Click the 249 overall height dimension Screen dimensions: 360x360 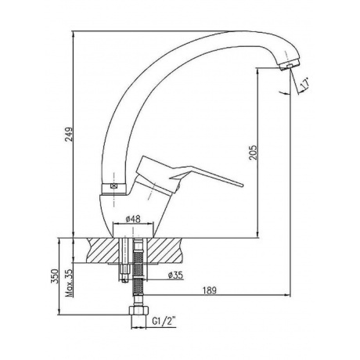69,135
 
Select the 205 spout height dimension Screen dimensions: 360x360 253,153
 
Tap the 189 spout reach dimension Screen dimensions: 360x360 210,290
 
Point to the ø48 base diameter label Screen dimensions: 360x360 133,219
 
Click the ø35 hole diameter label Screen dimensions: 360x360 175,275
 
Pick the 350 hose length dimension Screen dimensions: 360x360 55,276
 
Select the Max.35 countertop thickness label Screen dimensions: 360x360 69,283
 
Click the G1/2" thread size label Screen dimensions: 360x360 164,322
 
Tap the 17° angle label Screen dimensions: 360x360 305,83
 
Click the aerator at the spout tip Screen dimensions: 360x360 289,65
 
